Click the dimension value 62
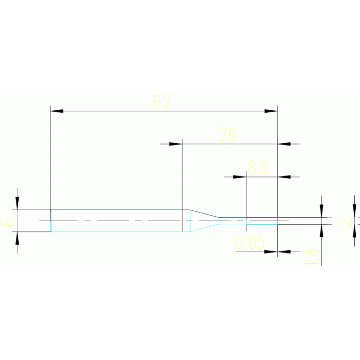point(162,102)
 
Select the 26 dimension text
point(228,135)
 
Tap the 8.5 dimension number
point(258,167)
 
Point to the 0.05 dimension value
point(250,243)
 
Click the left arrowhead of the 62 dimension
point(57,111)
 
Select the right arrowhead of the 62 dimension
point(271,111)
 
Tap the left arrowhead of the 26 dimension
point(176,144)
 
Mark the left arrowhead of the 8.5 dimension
point(240,177)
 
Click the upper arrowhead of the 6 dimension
point(17,203)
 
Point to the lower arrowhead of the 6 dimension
point(17,238)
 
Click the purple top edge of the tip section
point(262,217)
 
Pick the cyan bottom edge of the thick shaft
point(117,231)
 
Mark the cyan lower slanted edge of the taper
point(205,228)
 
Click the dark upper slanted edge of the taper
point(205,214)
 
